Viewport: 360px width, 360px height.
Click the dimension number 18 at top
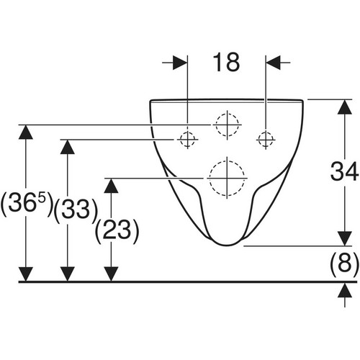226,63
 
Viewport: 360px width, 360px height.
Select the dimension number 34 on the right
344,171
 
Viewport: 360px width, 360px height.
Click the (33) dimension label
76,210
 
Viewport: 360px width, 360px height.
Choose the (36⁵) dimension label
26,203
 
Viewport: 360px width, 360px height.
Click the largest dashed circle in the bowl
227,178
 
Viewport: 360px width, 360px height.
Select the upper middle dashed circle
227,125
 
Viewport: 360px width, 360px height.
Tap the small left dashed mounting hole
187,139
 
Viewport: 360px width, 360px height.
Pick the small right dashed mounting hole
266,139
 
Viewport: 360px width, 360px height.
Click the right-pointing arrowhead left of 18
180,63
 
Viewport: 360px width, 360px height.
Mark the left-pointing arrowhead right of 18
274,63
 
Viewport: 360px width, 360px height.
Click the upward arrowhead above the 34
345,107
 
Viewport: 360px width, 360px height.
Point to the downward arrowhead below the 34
345,238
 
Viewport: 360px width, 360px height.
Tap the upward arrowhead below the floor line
345,290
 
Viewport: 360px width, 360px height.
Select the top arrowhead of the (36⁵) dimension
26,132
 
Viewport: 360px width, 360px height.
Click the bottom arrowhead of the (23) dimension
111,274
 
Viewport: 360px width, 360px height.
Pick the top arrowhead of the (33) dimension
68,147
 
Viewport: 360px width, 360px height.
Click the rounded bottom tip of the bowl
227,246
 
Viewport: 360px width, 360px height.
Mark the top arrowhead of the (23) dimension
111,186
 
